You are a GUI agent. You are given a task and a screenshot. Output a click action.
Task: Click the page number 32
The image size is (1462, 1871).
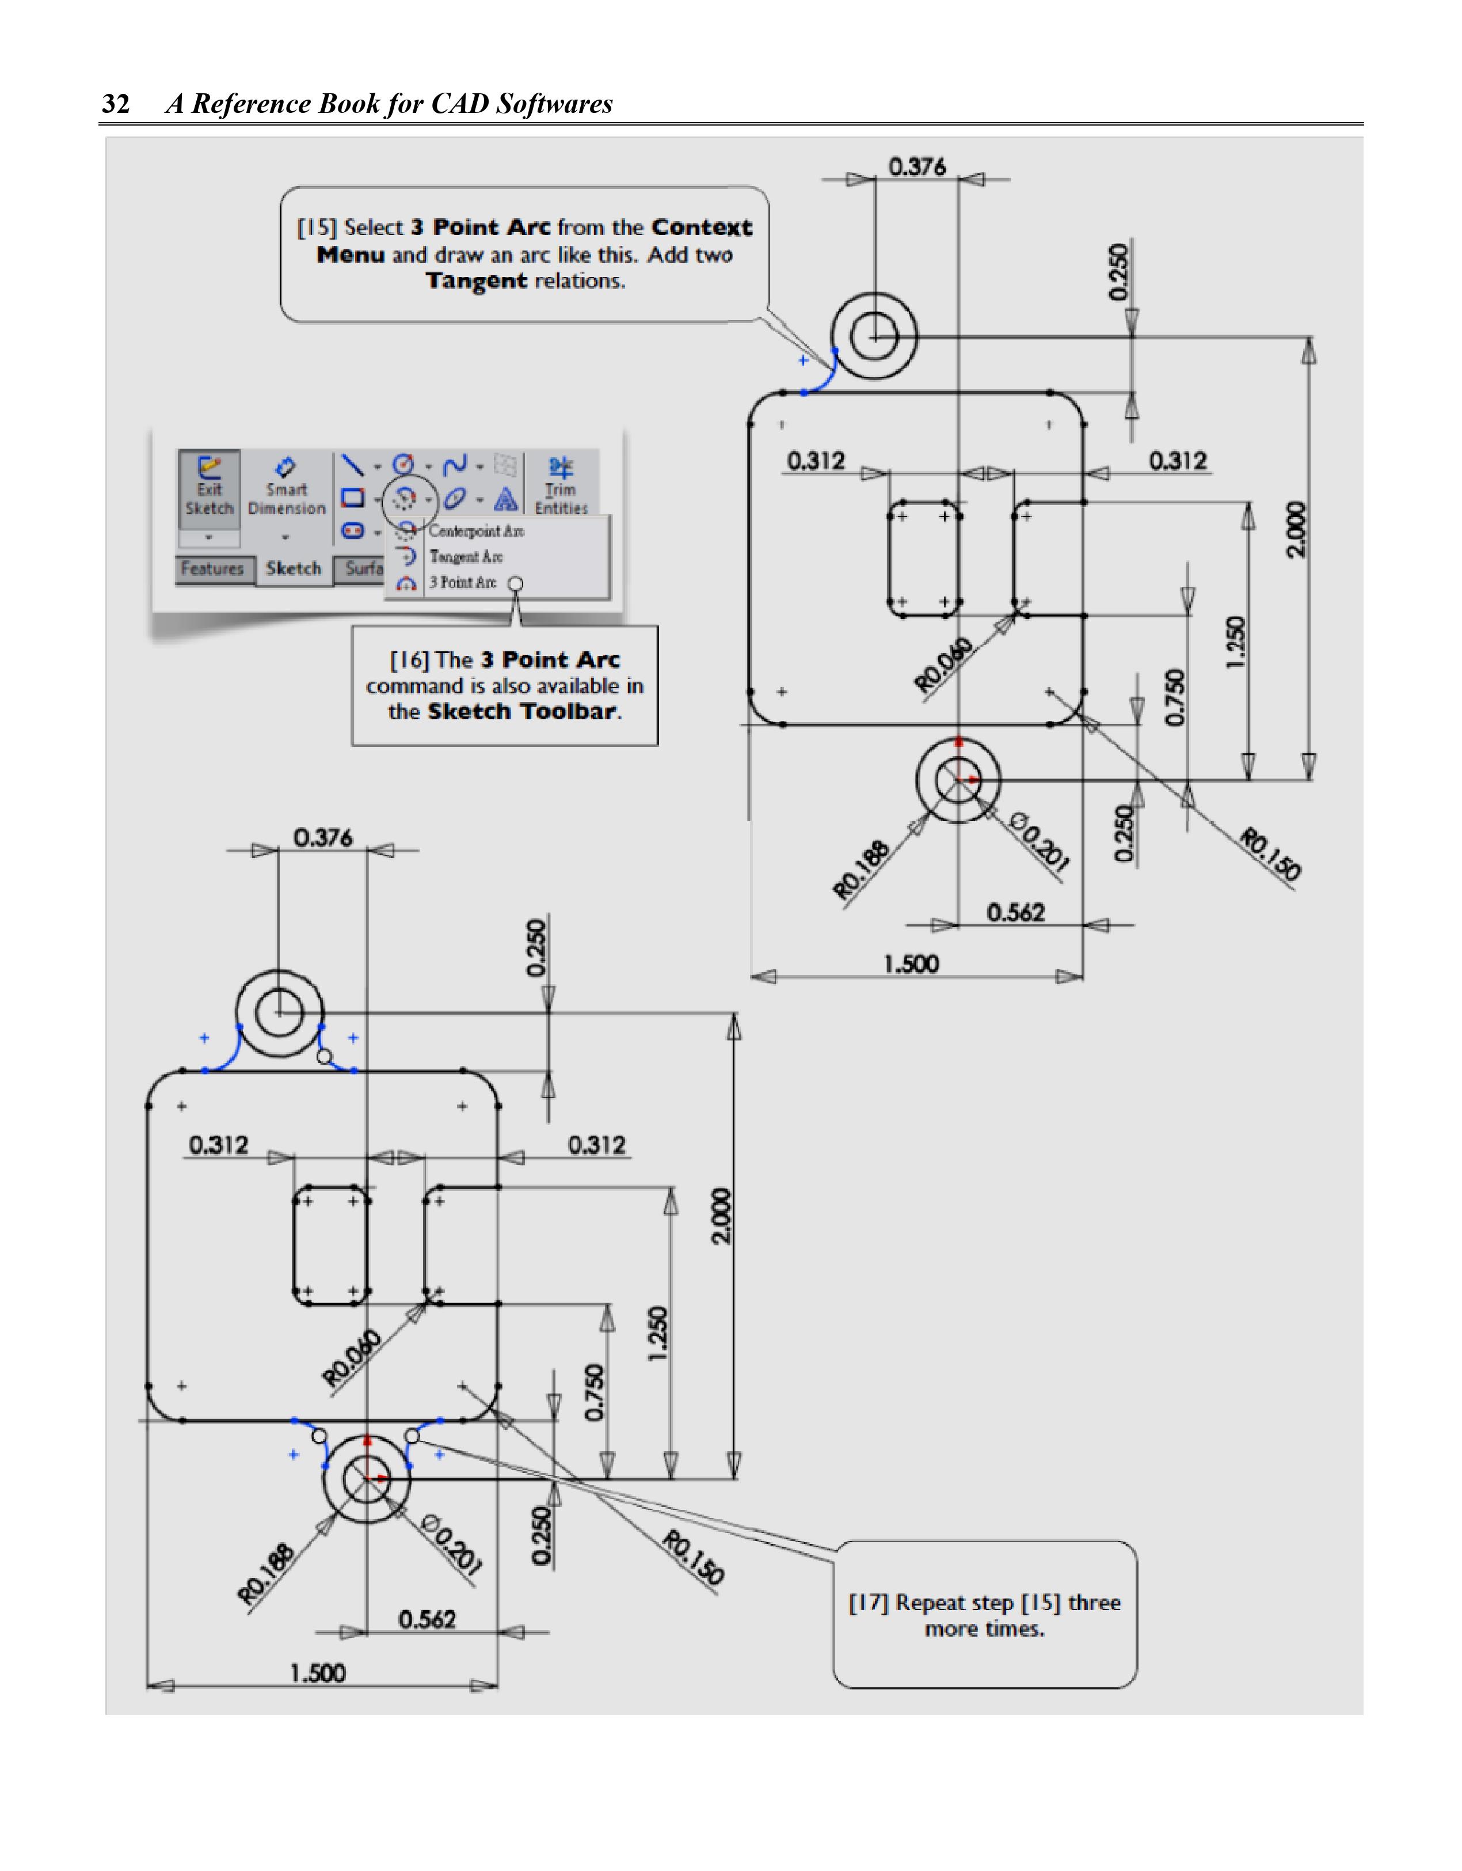click(116, 104)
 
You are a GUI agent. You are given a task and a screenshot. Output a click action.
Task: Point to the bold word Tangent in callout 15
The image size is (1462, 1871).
click(476, 281)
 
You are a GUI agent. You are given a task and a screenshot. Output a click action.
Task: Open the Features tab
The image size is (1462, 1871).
click(212, 569)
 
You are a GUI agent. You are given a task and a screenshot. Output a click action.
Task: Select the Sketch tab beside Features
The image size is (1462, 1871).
click(293, 569)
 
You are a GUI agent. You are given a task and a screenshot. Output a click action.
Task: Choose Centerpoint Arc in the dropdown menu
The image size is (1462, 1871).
click(475, 531)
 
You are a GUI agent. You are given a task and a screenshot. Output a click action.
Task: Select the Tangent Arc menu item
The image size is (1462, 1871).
click(466, 557)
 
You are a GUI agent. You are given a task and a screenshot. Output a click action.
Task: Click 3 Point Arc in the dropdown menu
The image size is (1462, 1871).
click(463, 583)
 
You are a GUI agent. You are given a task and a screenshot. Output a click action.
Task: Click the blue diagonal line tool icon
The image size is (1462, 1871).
click(352, 465)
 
